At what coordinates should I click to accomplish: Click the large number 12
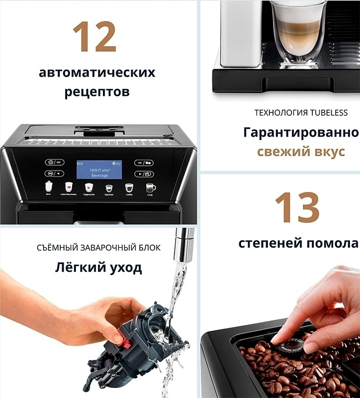[94, 37]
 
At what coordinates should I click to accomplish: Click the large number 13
[297, 208]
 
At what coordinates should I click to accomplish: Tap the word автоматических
[97, 73]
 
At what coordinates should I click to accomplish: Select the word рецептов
[97, 92]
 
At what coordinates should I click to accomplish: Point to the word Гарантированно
[301, 133]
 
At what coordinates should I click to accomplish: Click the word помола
[333, 243]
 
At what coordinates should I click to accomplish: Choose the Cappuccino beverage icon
[89, 188]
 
